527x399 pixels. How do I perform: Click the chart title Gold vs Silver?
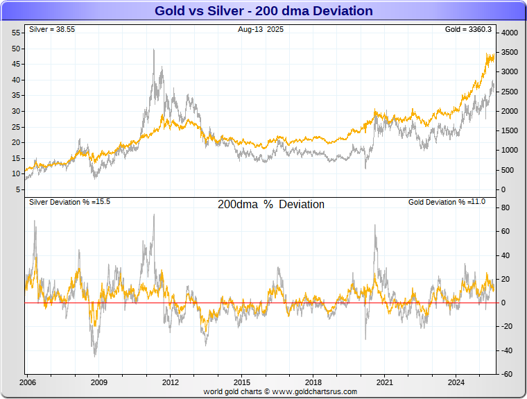point(263,11)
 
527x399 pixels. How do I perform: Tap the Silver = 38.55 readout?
point(52,30)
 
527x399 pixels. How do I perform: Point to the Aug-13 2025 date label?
point(260,30)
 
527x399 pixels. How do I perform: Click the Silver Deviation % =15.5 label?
point(70,202)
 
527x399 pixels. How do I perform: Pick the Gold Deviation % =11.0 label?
point(447,202)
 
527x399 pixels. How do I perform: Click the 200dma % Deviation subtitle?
point(270,205)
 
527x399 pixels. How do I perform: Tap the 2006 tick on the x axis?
point(28,382)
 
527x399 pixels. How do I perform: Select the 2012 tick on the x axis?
point(171,382)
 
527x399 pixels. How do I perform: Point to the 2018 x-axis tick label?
point(313,382)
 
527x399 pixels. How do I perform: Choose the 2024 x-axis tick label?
point(456,382)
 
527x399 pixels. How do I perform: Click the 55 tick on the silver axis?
point(16,33)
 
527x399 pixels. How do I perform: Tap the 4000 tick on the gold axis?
point(510,33)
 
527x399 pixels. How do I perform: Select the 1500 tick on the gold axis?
point(510,130)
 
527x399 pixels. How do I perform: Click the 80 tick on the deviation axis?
point(506,207)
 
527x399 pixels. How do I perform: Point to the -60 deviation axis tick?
point(507,374)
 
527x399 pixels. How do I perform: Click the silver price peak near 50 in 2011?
point(153,50)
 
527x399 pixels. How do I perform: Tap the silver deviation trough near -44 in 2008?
point(95,355)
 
